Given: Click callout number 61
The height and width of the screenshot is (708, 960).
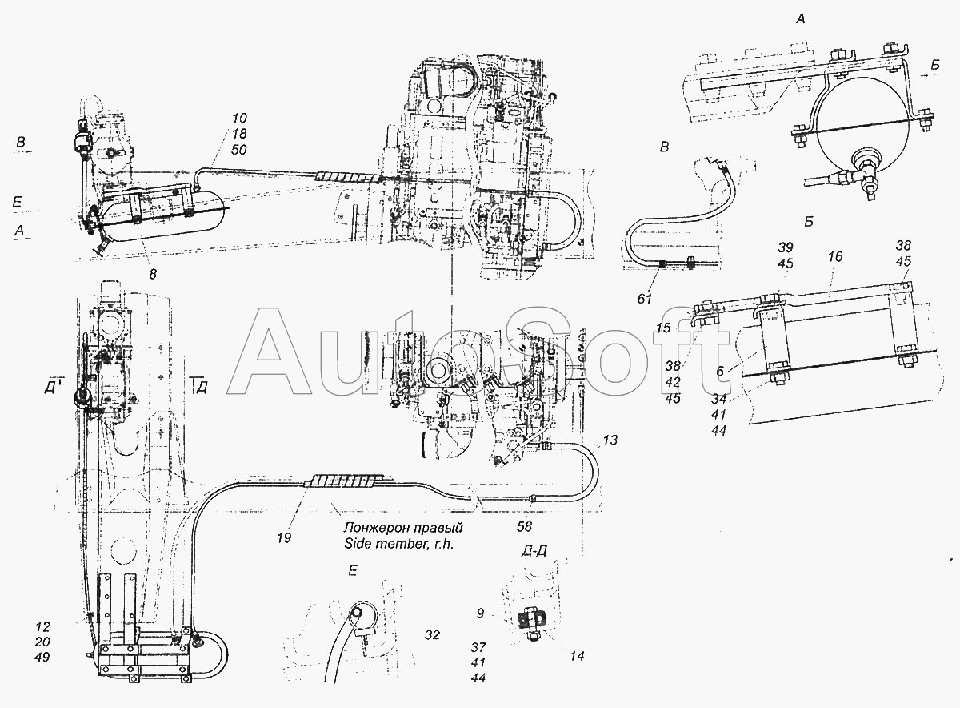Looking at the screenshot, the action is [645, 299].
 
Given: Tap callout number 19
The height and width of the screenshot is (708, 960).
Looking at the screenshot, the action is [284, 538].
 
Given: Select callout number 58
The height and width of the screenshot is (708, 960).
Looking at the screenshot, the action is [524, 527].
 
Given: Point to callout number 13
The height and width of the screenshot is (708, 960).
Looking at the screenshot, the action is [610, 440].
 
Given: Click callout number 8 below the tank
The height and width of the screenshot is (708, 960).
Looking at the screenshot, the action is [153, 274].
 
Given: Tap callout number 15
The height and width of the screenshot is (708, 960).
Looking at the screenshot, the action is [663, 328].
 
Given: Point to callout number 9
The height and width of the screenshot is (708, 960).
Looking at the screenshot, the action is [480, 613].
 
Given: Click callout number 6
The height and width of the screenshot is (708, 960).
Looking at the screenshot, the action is [719, 371].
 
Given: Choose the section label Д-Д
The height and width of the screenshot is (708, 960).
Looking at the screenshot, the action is [534, 551].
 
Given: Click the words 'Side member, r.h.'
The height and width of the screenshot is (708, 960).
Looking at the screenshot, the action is [398, 544].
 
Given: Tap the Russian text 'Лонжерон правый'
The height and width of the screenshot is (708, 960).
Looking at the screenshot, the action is [403, 527].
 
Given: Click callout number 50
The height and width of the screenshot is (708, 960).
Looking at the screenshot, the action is [239, 150].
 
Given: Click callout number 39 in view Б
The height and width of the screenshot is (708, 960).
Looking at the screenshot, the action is [786, 247].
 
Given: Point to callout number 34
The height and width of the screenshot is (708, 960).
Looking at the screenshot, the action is [718, 399].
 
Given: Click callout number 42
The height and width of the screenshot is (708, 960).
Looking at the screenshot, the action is [673, 382].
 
